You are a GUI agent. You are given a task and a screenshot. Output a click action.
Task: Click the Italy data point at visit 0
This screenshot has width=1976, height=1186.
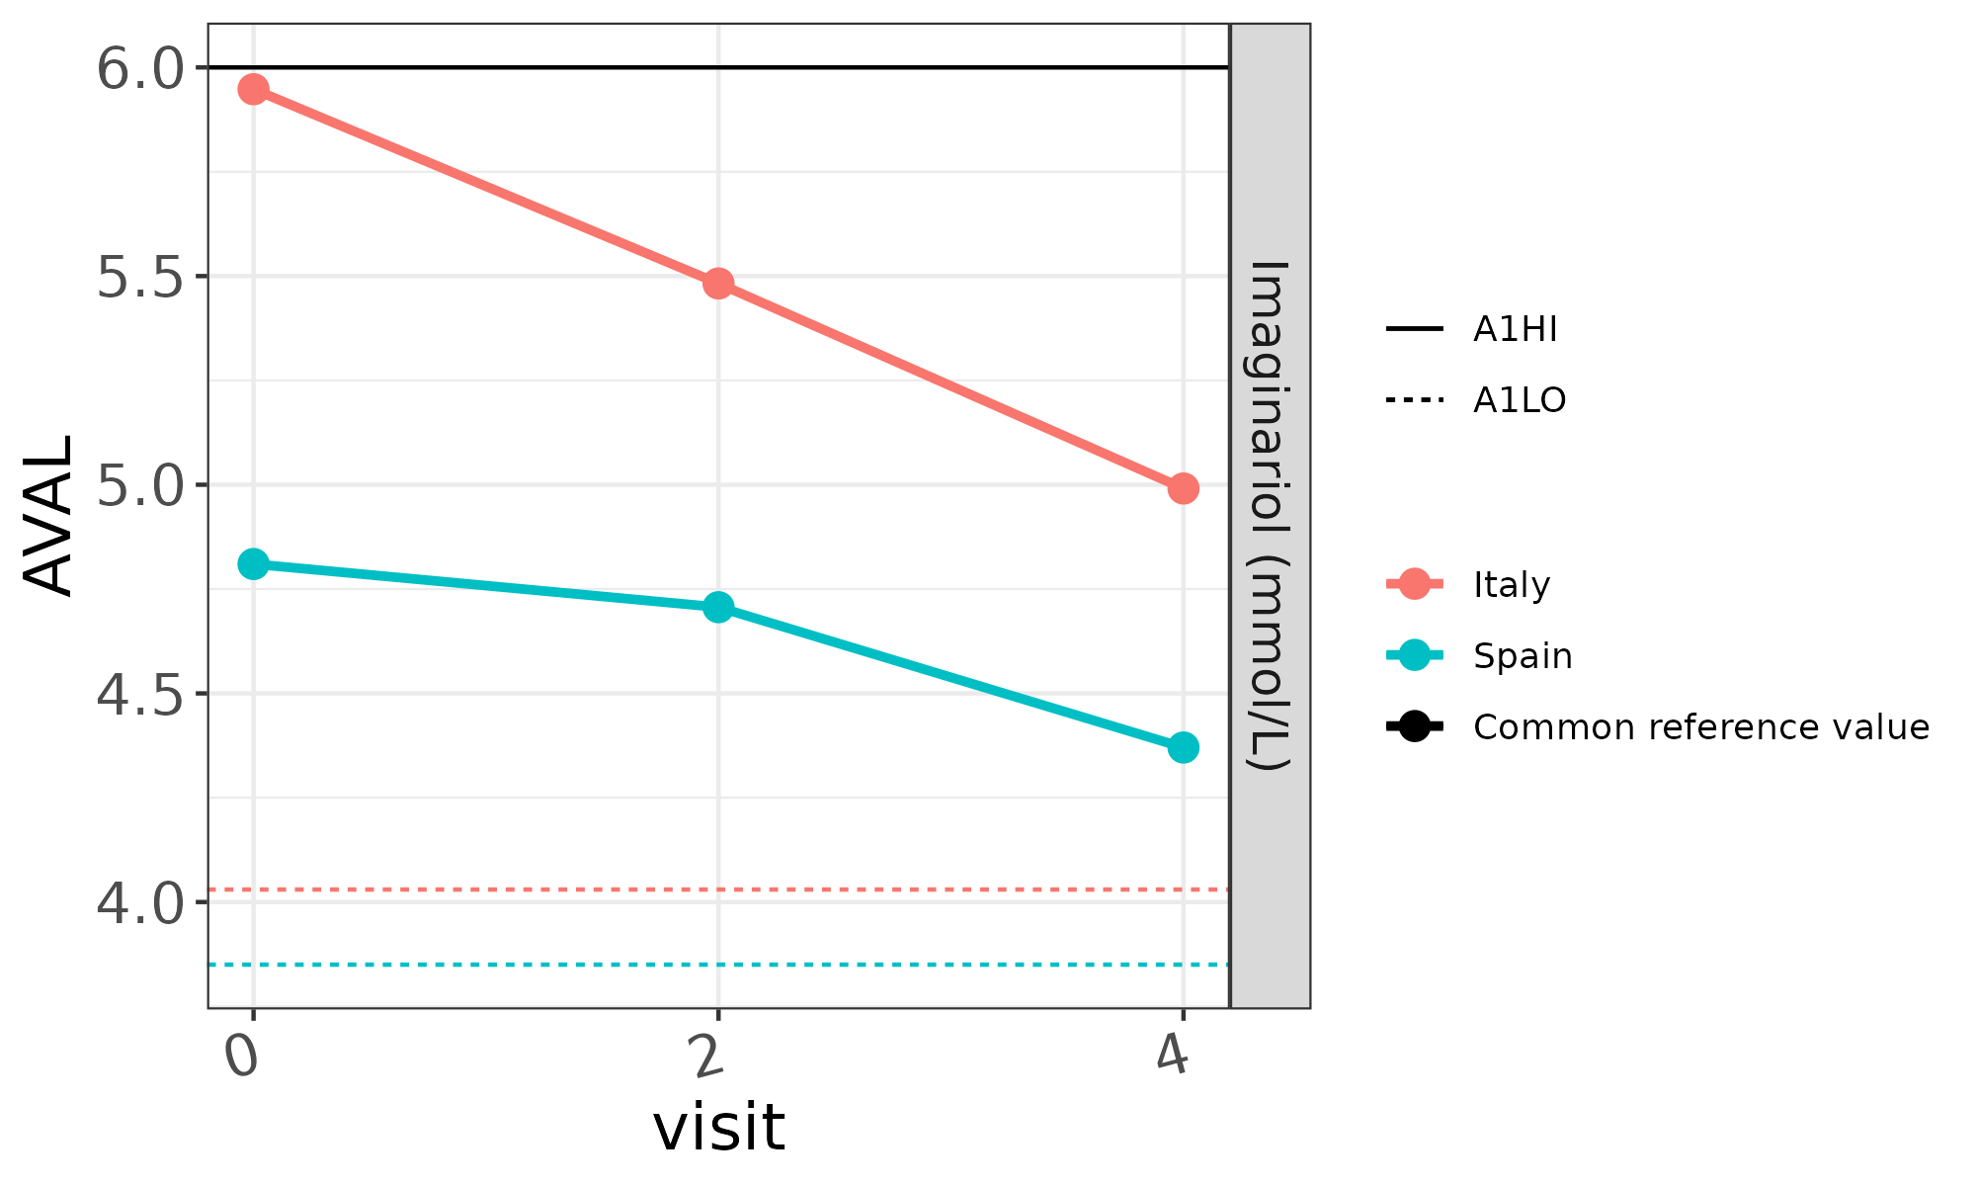click(253, 90)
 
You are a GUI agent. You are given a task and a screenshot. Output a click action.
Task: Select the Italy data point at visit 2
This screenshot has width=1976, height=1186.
click(718, 284)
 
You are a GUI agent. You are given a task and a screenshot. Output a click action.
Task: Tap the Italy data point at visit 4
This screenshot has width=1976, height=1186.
click(1183, 488)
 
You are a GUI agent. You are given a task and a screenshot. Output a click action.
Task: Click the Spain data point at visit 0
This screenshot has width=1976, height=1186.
click(253, 564)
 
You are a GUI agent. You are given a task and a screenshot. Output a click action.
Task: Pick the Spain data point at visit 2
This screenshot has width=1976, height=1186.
click(718, 607)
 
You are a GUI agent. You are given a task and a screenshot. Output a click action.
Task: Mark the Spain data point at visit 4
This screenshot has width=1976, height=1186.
click(1183, 747)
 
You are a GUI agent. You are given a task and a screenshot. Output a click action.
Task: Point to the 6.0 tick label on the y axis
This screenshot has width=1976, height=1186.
click(140, 69)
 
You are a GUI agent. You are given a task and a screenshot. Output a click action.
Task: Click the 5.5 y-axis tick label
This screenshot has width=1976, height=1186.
click(140, 278)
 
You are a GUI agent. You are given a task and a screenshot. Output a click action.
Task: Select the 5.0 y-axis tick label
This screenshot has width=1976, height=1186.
click(140, 486)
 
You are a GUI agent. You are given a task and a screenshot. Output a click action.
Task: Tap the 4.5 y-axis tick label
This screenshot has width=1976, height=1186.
click(140, 695)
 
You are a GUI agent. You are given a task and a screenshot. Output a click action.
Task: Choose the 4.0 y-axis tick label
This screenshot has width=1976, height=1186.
click(140, 903)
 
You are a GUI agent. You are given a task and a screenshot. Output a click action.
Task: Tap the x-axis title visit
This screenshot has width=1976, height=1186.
click(718, 1128)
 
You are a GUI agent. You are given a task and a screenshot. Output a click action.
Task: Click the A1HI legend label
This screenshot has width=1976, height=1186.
click(1515, 329)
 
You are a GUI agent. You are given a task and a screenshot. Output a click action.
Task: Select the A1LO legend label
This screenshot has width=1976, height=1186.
click(1519, 400)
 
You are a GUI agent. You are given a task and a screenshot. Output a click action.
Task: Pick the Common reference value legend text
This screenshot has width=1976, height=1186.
click(1700, 727)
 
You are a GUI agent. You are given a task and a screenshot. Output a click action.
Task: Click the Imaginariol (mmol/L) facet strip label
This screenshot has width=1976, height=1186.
click(1271, 516)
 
